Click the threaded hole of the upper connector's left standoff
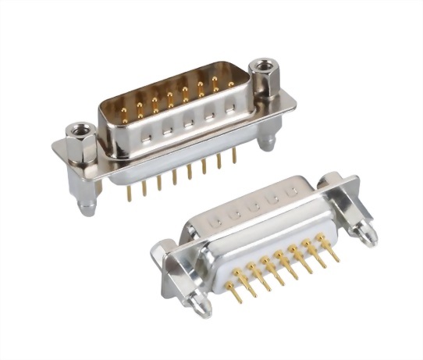pos(79,126)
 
